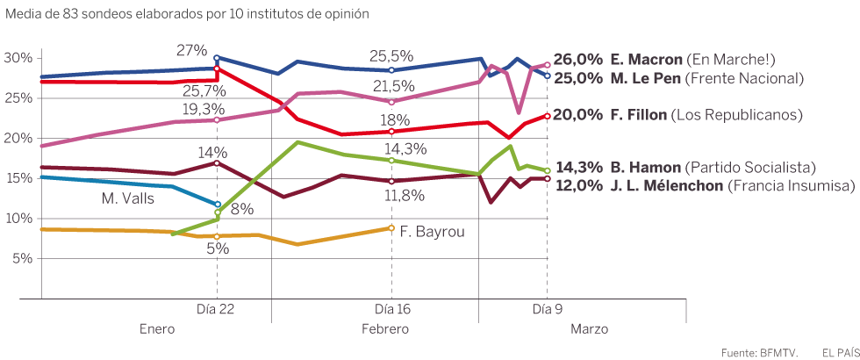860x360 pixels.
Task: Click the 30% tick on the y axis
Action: tap(19, 58)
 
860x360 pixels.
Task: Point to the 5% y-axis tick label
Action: tap(22, 259)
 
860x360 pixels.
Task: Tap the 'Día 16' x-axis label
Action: tap(391, 309)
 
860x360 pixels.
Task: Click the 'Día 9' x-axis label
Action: tap(548, 309)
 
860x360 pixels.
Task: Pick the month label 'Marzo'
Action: tap(589, 329)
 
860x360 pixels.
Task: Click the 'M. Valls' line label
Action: tap(128, 199)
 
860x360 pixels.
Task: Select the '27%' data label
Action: tap(191, 50)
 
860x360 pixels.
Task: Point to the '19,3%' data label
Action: tap(203, 109)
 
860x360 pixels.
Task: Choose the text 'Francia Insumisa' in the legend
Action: tap(800, 185)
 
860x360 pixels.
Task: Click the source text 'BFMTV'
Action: tap(778, 352)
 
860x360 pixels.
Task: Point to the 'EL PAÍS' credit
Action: tap(841, 352)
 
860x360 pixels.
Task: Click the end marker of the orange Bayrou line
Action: tap(391, 228)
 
